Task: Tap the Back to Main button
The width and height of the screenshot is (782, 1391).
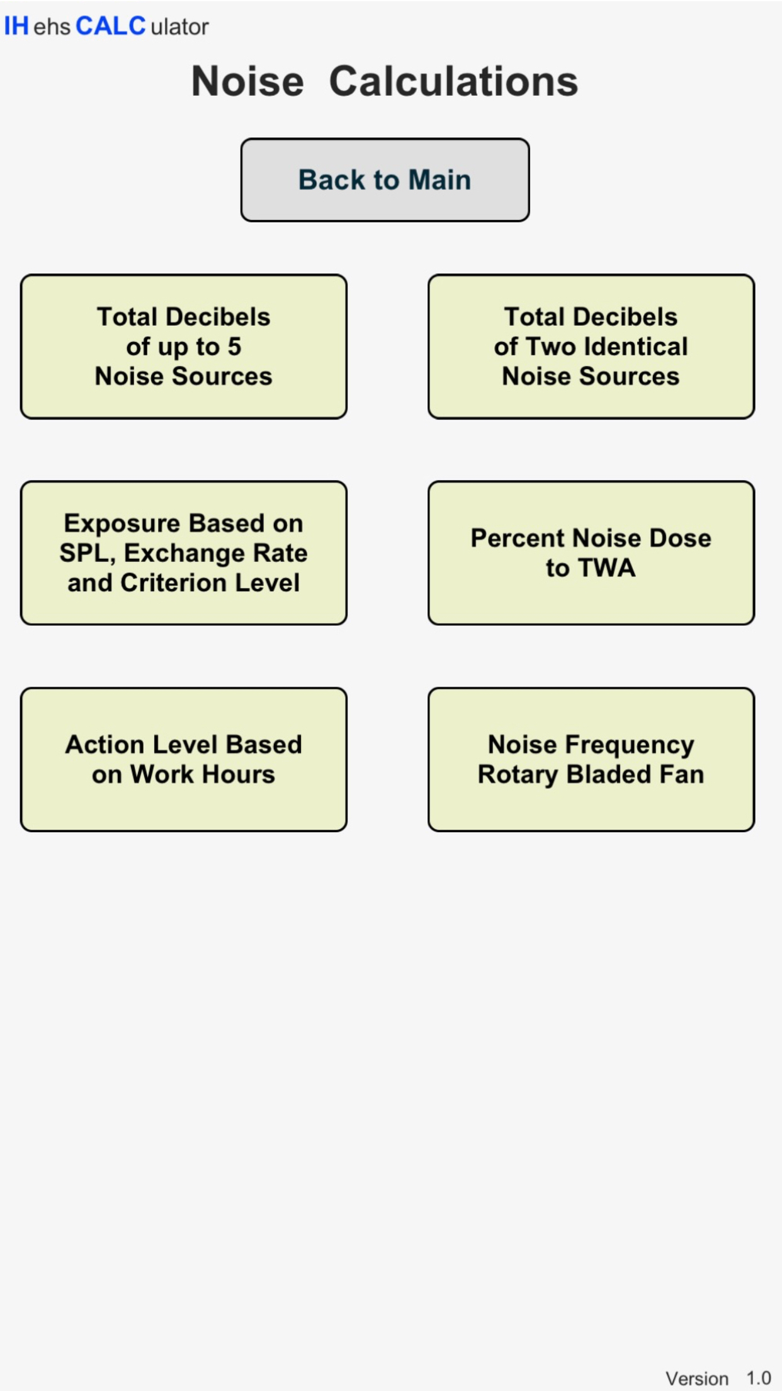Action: click(x=385, y=180)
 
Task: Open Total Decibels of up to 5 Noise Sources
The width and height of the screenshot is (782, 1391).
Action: click(x=184, y=346)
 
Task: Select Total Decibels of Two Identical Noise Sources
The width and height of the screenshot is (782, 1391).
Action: click(x=591, y=346)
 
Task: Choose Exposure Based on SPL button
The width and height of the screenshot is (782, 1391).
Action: click(x=184, y=553)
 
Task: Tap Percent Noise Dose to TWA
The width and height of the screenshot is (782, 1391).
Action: click(x=591, y=553)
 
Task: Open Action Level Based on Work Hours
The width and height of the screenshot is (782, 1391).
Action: click(x=184, y=760)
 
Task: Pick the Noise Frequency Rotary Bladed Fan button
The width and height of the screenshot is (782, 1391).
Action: click(x=591, y=760)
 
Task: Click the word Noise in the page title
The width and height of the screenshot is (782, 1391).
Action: click(x=248, y=82)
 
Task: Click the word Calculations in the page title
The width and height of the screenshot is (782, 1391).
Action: click(x=453, y=82)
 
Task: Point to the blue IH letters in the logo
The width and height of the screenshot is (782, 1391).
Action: click(x=16, y=26)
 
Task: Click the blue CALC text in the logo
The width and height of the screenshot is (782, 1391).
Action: click(x=110, y=26)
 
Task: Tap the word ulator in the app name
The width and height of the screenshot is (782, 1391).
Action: click(x=179, y=27)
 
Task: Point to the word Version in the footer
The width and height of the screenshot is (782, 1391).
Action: click(x=697, y=1378)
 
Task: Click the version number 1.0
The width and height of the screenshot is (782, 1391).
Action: click(x=759, y=1378)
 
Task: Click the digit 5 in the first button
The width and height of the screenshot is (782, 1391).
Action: click(x=234, y=346)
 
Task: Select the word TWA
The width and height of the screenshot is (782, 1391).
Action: click(x=607, y=568)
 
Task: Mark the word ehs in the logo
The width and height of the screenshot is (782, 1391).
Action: click(x=52, y=27)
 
